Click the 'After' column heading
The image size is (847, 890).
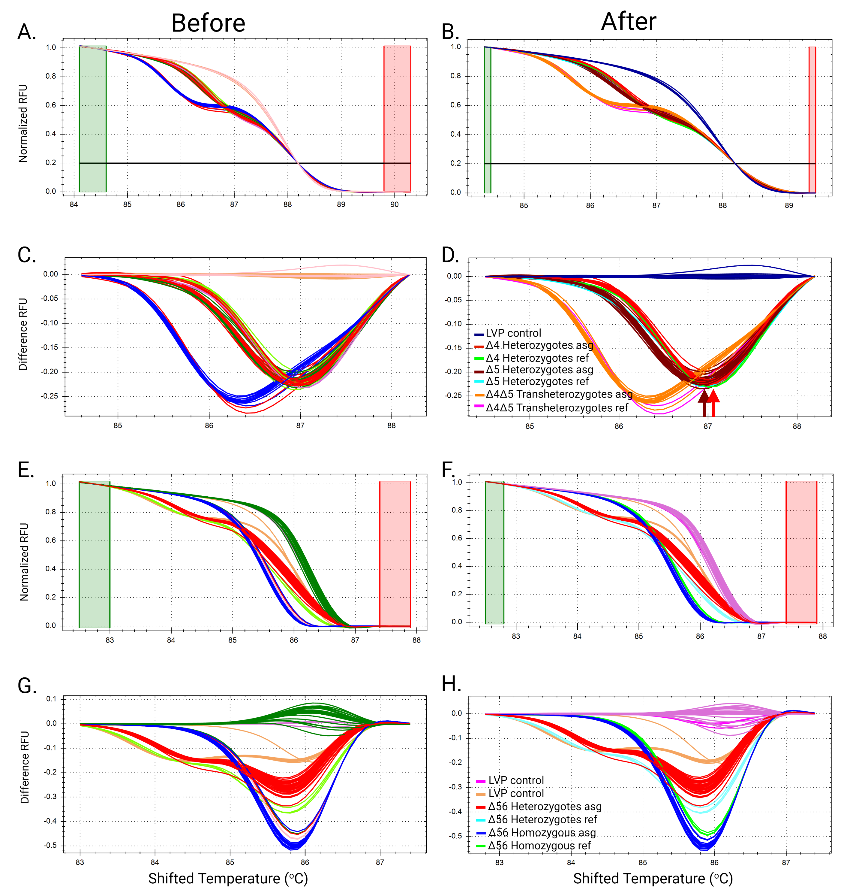point(629,21)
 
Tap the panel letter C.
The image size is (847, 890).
point(26,255)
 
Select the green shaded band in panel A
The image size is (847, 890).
point(92,118)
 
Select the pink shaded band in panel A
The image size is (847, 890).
point(397,118)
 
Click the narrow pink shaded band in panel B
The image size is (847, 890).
point(812,120)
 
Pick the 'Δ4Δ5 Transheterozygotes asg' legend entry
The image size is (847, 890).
point(558,394)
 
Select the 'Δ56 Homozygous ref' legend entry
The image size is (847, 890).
point(539,845)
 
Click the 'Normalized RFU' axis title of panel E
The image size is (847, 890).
point(24,562)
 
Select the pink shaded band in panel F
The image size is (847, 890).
point(801,552)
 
